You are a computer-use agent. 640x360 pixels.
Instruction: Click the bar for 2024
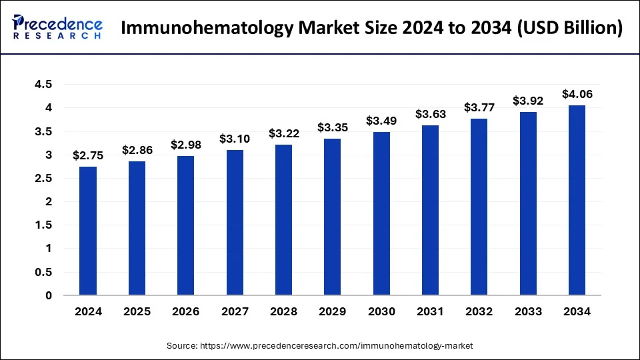coord(88,231)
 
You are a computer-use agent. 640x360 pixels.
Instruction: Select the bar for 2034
coord(577,200)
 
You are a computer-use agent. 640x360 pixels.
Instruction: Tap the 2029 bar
coord(333,217)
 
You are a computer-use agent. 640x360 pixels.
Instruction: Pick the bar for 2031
coord(430,210)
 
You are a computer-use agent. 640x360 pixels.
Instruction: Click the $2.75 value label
coord(88,156)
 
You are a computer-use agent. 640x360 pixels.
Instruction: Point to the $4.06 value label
coord(577,95)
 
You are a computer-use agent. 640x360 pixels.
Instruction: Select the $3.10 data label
coord(235,139)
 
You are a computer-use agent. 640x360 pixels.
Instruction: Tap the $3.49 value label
coord(381,121)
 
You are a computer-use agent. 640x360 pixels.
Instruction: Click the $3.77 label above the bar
coord(479,108)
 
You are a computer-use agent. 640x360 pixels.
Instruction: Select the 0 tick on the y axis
coord(48,295)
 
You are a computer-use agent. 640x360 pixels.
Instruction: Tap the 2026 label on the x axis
coord(186,311)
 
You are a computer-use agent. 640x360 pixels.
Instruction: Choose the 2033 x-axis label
coord(528,311)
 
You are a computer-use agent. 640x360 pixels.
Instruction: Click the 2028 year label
coord(283,311)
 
